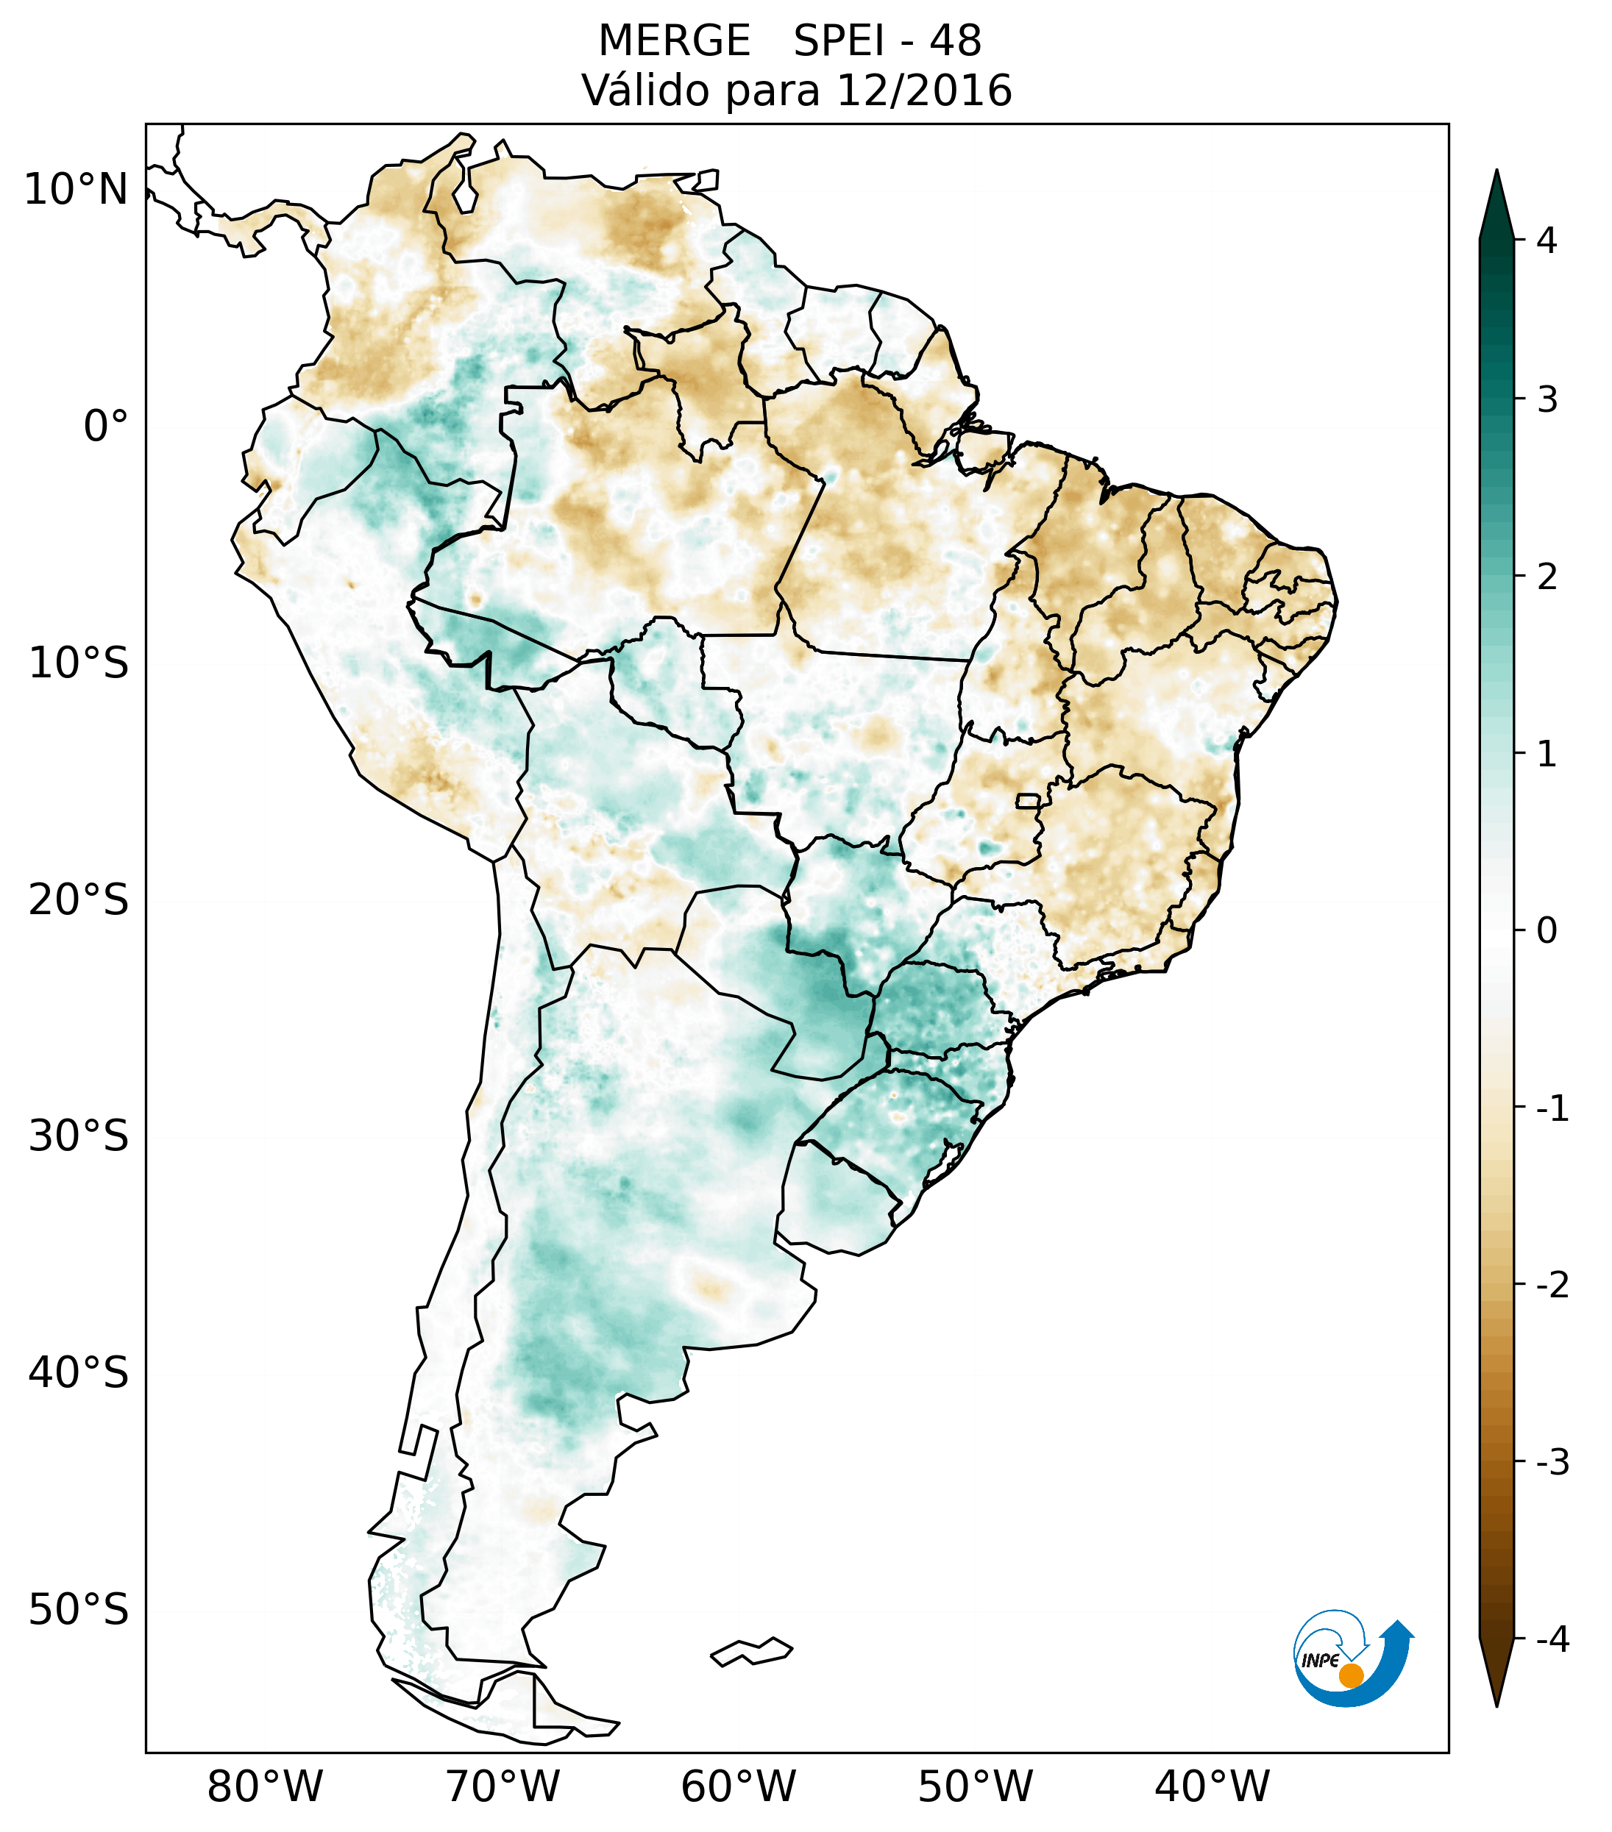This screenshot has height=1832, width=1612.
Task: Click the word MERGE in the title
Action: click(673, 41)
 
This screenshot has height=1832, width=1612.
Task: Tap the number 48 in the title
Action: click(955, 41)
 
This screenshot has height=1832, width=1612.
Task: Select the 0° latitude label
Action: click(106, 427)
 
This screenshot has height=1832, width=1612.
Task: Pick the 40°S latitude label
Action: click(79, 1373)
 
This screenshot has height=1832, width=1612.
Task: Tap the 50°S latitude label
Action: click(79, 1610)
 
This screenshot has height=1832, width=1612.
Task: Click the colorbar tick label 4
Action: click(1547, 240)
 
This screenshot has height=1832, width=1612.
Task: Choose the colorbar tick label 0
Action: click(1547, 931)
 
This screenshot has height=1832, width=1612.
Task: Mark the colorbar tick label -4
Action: click(1552, 1640)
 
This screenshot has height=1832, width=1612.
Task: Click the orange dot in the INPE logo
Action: click(1350, 1675)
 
